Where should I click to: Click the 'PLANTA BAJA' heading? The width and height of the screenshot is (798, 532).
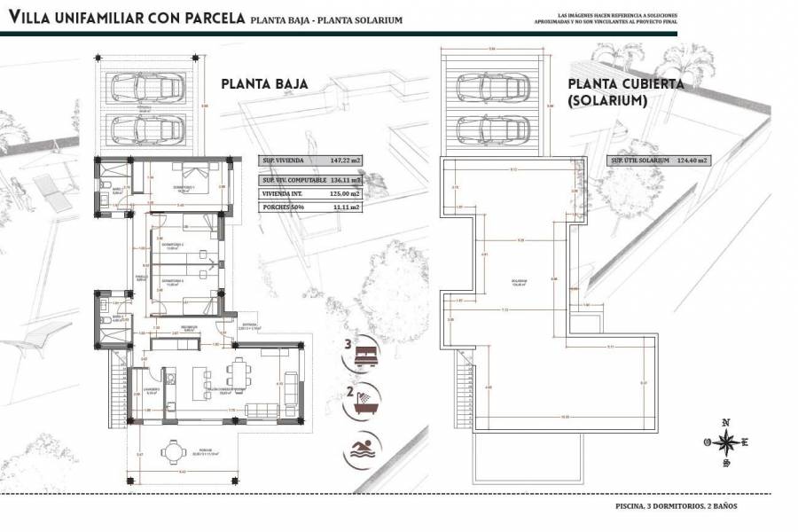tap(263, 84)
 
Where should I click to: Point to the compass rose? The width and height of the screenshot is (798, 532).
tap(726, 441)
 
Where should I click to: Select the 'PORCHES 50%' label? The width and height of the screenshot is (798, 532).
tap(282, 207)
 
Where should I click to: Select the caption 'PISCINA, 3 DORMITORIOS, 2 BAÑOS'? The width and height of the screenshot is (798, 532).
tap(676, 506)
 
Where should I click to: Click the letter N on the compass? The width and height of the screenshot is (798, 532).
tap(726, 423)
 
